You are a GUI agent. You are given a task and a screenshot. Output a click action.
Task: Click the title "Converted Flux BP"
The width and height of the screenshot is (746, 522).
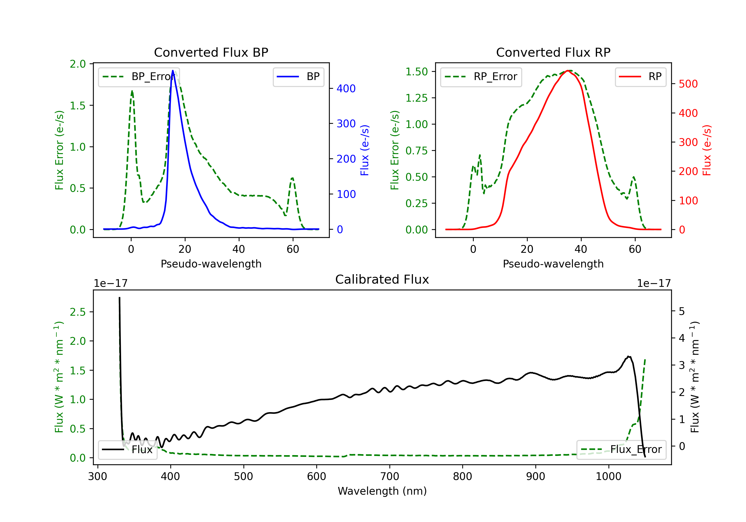(x=211, y=52)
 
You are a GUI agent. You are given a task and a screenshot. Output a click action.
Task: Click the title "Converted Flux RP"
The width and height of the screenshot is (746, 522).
(x=553, y=52)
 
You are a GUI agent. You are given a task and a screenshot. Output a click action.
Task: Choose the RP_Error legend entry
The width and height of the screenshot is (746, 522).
(x=481, y=77)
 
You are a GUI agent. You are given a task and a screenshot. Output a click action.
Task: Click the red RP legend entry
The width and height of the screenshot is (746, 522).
(x=640, y=77)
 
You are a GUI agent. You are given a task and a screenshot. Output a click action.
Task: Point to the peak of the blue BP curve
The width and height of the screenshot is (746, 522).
(x=173, y=71)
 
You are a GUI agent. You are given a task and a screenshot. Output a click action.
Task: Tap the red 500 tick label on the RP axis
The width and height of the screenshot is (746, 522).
(x=688, y=84)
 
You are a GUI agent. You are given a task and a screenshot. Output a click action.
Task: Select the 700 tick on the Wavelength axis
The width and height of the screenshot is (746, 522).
(x=390, y=477)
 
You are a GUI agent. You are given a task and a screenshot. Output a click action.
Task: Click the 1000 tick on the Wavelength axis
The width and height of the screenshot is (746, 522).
(x=608, y=477)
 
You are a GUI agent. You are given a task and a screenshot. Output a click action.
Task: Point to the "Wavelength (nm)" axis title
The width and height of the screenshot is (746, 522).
(x=382, y=491)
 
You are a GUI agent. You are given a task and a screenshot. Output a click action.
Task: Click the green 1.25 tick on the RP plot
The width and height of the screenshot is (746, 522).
(x=416, y=98)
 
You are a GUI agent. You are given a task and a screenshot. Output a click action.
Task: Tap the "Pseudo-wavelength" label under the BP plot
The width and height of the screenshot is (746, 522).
(x=211, y=264)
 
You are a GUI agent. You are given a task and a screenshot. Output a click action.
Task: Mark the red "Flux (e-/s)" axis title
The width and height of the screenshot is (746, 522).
(x=707, y=150)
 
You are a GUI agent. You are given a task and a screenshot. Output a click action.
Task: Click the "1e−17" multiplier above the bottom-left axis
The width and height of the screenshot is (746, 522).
(x=110, y=283)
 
